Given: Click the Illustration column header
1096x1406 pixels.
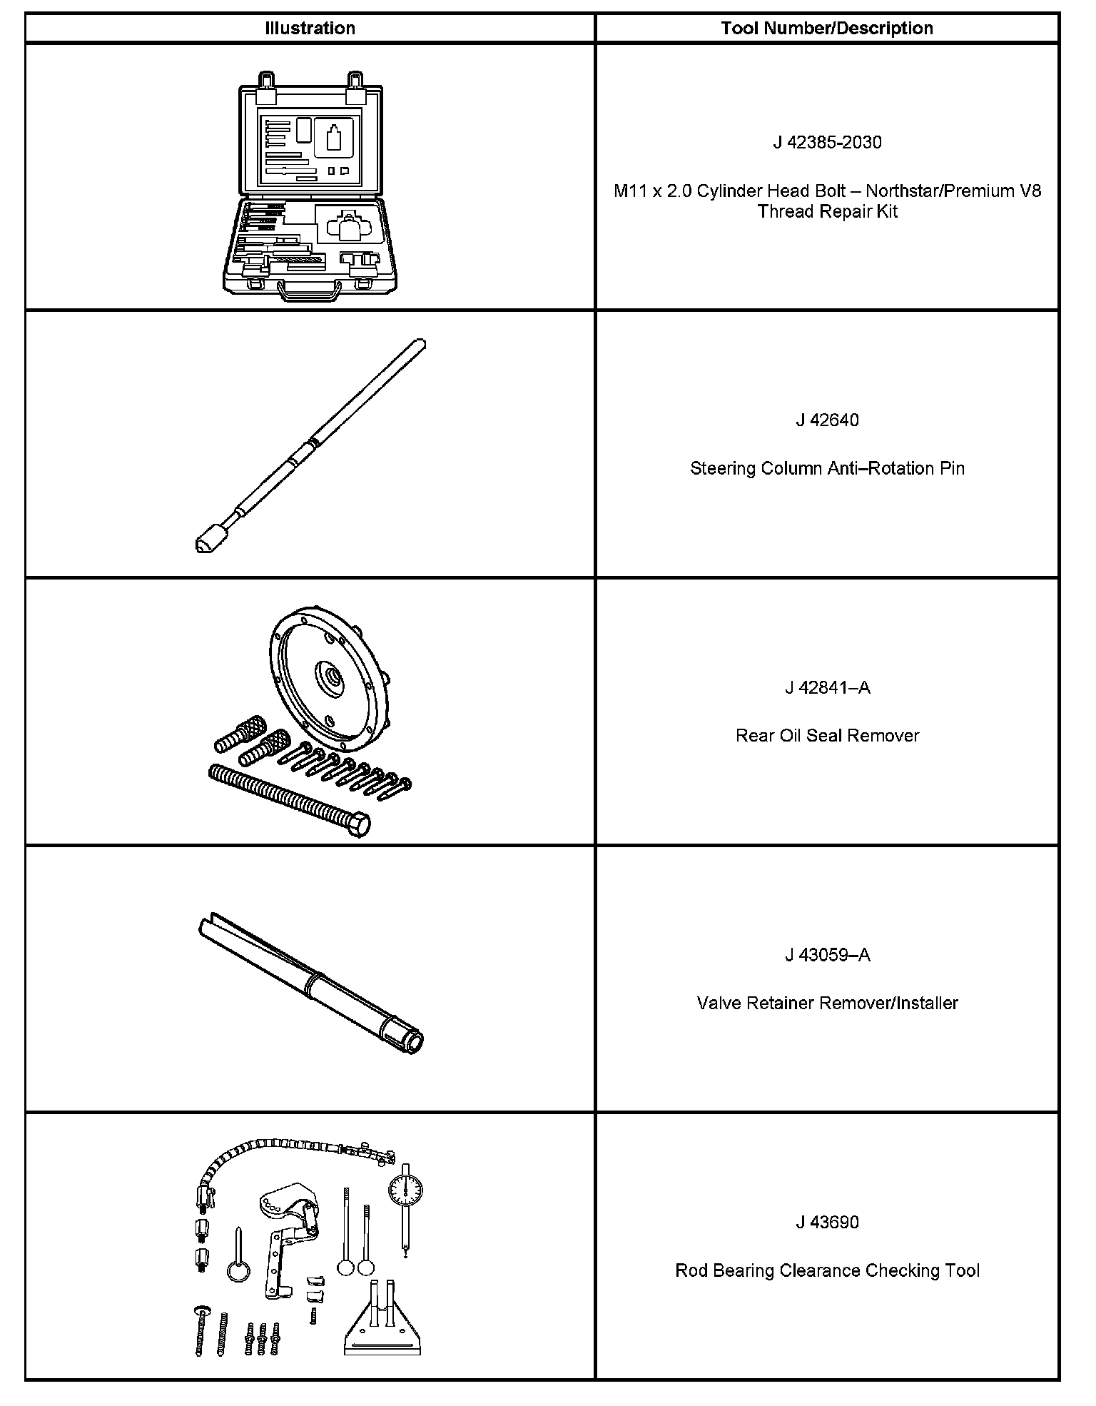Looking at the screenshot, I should click(310, 29).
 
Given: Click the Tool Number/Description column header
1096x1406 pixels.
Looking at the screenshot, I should click(826, 29).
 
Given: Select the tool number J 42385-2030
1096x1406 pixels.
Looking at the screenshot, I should click(827, 143).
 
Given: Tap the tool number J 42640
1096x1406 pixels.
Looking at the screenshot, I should click(827, 420).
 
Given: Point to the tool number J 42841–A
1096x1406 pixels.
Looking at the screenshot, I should click(827, 688).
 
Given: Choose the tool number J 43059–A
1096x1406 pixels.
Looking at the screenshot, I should click(827, 956).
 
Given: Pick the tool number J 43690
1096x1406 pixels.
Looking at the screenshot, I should click(827, 1223).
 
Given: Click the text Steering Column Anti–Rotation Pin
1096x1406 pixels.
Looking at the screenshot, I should click(827, 469).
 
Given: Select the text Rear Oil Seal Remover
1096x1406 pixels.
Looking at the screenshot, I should click(827, 736).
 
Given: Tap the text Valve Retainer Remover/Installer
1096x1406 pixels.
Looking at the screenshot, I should click(827, 1003).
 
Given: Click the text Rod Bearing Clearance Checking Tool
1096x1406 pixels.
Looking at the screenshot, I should click(827, 1271).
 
